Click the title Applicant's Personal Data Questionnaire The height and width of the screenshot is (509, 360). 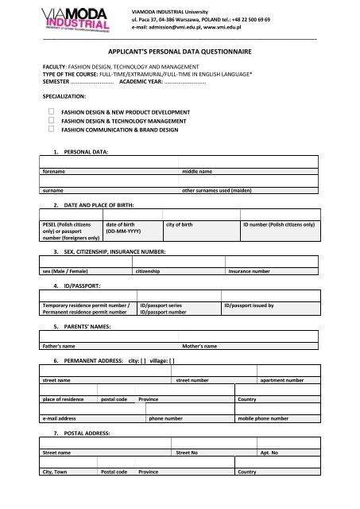point(180,50)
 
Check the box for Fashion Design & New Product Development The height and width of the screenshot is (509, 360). point(51,113)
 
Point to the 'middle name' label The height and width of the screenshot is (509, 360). point(197,171)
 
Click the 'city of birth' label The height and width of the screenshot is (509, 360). point(179,225)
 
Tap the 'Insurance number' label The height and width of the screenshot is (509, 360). point(249,271)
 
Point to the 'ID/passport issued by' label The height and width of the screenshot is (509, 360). point(249,305)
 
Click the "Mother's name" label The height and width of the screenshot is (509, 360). point(199,347)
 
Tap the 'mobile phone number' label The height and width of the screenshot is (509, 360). point(257,418)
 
